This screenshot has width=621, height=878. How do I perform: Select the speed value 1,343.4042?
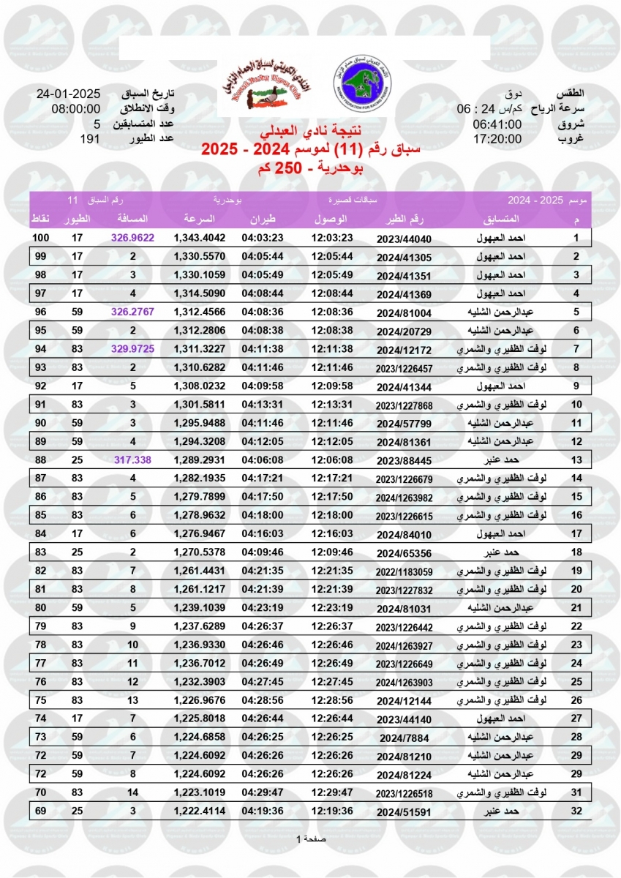coord(200,239)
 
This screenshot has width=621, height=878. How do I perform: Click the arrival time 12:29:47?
coord(332,792)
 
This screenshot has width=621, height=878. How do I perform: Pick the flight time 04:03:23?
coord(266,239)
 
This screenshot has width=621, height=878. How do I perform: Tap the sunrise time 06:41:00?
coord(497,124)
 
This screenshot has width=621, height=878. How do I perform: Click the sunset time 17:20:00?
coord(497,139)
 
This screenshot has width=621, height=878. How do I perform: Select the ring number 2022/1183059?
coord(404,571)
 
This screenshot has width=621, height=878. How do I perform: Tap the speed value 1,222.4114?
coord(200,811)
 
